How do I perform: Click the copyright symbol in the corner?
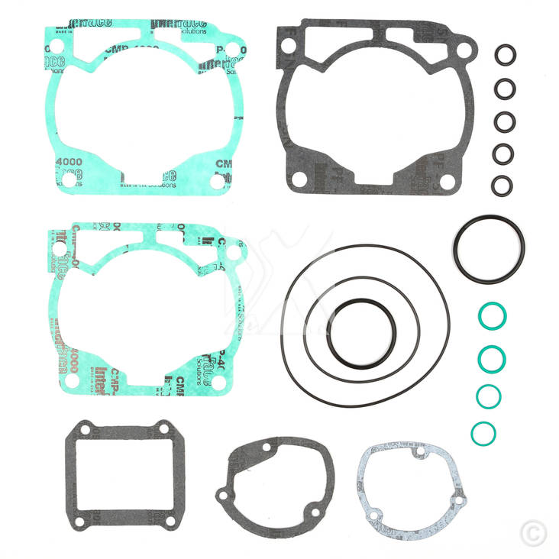tap(533, 532)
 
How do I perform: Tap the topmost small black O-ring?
tap(504, 56)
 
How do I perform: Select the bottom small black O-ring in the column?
tap(502, 186)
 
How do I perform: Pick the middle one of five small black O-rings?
tap(503, 121)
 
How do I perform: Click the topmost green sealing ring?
tap(491, 315)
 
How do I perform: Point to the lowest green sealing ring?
tap(483, 433)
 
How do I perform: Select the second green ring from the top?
tap(490, 358)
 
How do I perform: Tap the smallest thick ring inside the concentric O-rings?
tap(361, 330)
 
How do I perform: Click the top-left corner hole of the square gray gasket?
tap(85, 431)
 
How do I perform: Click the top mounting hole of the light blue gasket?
tap(419, 453)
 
